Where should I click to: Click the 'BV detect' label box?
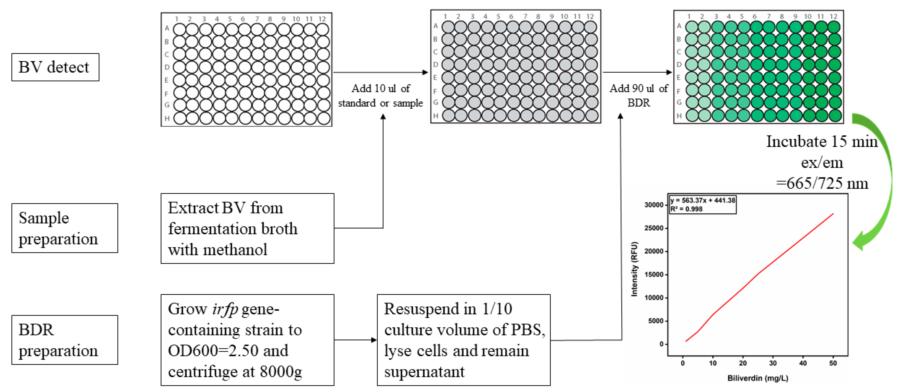pyautogui.click(x=55, y=67)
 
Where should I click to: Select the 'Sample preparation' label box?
pyautogui.click(x=65, y=228)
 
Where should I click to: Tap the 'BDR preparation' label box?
pyautogui.click(x=65, y=340)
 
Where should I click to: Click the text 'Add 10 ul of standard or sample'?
pyautogui.click(x=380, y=96)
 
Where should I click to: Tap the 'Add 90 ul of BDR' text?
pyautogui.click(x=639, y=96)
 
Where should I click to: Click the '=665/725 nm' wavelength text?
pyautogui.click(x=822, y=183)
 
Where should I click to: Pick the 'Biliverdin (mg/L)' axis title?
pyautogui.click(x=757, y=378)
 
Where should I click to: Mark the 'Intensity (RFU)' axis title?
pyautogui.click(x=634, y=269)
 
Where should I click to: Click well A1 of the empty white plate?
pyautogui.click(x=180, y=29)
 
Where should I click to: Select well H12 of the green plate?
pyautogui.click(x=835, y=116)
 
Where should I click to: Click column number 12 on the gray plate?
pyautogui.click(x=590, y=16)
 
